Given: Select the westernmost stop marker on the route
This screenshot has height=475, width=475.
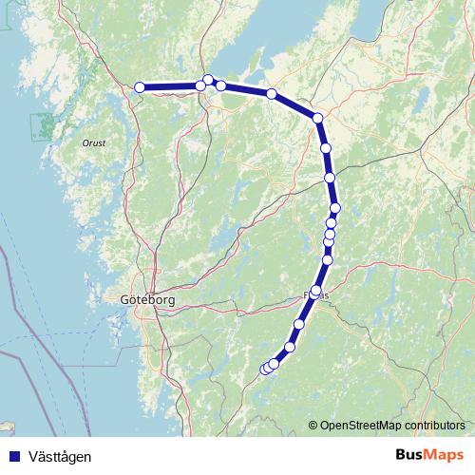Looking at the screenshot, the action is [x=140, y=87].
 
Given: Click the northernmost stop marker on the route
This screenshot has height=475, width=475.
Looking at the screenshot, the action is [x=208, y=80].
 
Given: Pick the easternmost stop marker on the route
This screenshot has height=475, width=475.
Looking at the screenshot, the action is [x=335, y=208].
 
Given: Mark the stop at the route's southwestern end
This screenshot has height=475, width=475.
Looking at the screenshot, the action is [x=265, y=369].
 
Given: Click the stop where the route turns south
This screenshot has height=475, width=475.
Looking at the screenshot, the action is [x=318, y=118].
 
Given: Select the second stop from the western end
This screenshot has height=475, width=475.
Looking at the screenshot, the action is [x=200, y=86].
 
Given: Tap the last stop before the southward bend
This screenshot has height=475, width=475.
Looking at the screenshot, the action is [x=272, y=93].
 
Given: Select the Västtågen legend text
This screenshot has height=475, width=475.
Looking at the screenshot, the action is [x=60, y=456].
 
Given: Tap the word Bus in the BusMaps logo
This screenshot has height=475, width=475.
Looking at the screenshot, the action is [x=413, y=455].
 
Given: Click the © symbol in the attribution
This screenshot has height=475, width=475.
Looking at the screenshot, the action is [x=313, y=425].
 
